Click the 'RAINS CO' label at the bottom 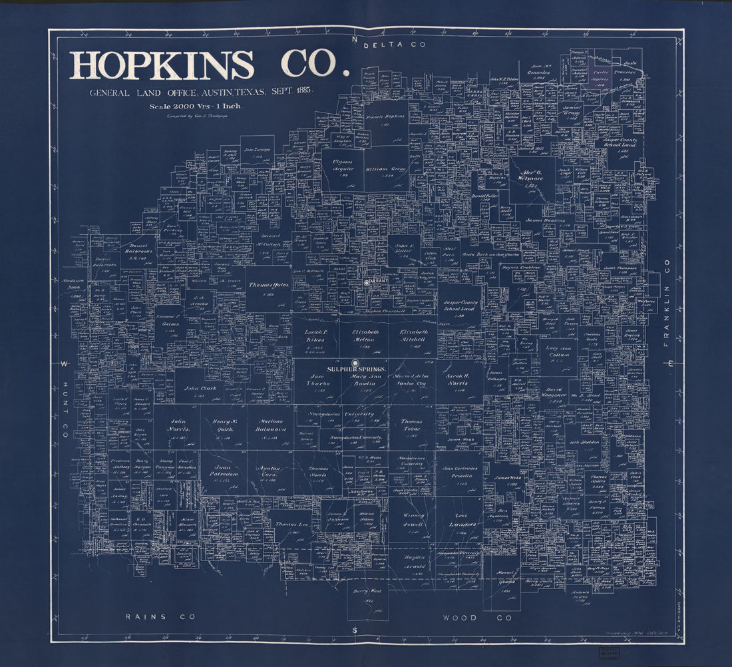161,618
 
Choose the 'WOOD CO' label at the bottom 478,618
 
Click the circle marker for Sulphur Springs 355,363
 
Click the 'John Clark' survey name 200,388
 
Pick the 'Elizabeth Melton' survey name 364,335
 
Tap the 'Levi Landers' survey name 462,519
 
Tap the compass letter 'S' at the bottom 355,630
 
